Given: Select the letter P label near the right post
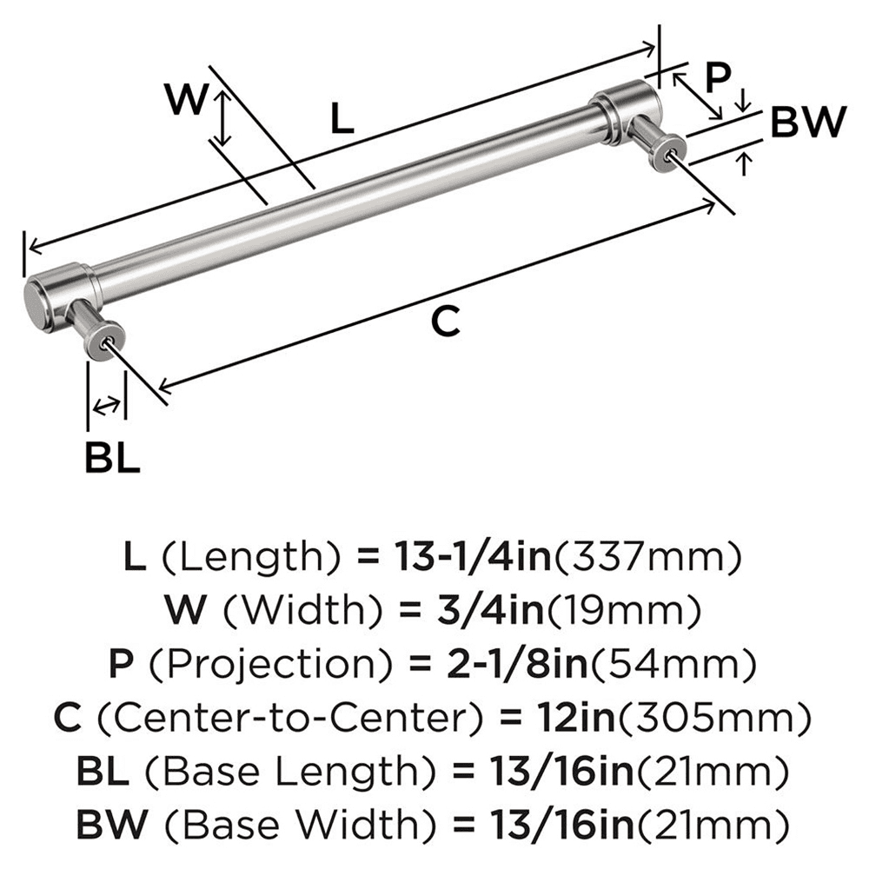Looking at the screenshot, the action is (718, 78).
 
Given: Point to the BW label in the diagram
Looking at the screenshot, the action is (807, 123).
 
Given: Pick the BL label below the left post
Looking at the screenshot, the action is (112, 457).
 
